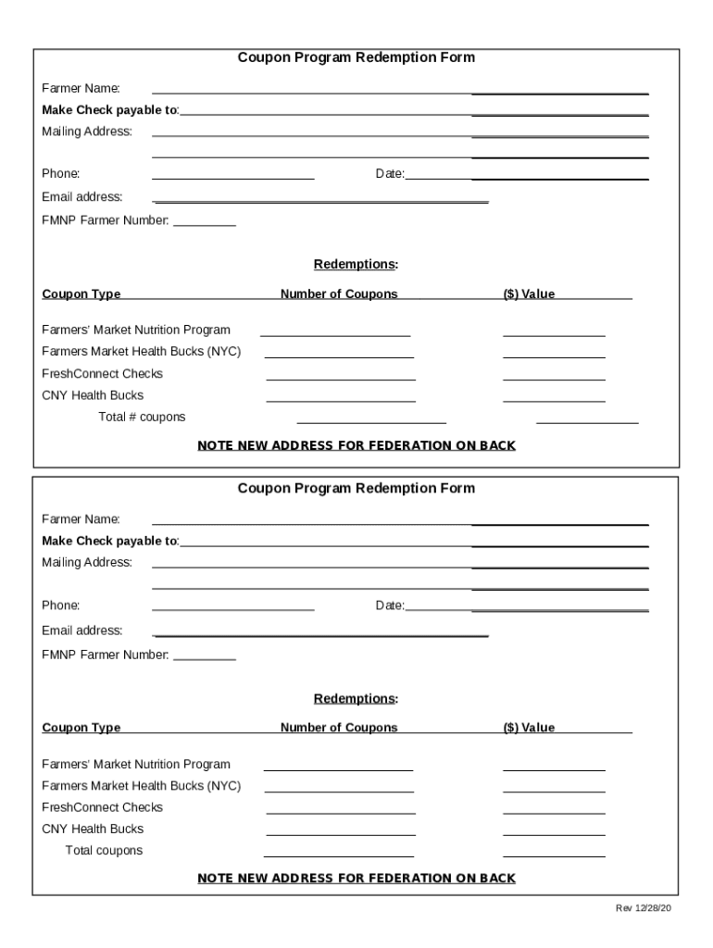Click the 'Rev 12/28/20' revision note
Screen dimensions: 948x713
point(644,908)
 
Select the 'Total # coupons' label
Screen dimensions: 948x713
point(142,417)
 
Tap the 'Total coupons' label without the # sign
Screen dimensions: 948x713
point(104,850)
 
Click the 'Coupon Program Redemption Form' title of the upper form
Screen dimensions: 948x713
point(356,57)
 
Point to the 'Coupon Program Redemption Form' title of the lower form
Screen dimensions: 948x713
point(356,488)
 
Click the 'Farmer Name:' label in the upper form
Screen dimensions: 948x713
point(81,89)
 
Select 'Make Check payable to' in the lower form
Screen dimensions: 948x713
point(110,541)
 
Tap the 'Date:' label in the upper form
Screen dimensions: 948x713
point(390,174)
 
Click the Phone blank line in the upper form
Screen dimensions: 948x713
point(232,177)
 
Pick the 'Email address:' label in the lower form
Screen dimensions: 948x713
point(82,630)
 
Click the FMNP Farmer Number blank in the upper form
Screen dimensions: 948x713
point(205,224)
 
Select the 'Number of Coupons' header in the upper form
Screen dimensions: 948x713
point(339,294)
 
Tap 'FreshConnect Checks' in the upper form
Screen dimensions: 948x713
point(102,373)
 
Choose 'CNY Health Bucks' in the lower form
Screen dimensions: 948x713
point(93,829)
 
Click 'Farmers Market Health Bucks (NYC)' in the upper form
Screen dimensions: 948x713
point(141,352)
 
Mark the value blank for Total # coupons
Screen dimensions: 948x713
point(587,420)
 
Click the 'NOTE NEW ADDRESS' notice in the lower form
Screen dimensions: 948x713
point(356,878)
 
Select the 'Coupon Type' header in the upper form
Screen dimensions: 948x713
point(81,294)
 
